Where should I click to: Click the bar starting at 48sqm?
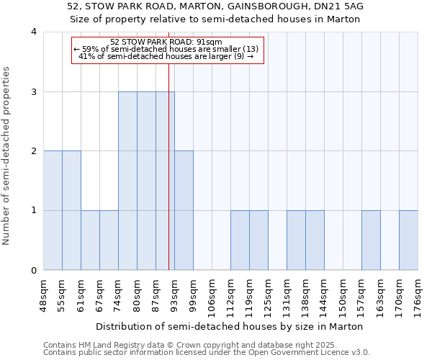click(x=53, y=210)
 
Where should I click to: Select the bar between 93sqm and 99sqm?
click(x=184, y=210)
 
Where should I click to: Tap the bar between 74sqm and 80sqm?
click(x=127, y=181)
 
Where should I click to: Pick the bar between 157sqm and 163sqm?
click(x=371, y=240)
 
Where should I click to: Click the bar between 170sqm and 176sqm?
click(x=408, y=240)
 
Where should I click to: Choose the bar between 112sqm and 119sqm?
click(x=240, y=240)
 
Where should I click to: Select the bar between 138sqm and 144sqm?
click(x=315, y=240)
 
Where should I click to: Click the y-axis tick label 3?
click(x=34, y=91)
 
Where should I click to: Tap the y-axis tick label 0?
click(x=34, y=271)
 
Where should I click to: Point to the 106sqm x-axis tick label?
click(x=212, y=294)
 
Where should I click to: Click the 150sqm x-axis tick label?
click(x=343, y=294)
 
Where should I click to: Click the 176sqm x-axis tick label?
click(x=418, y=294)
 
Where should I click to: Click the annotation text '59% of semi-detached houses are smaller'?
click(x=166, y=49)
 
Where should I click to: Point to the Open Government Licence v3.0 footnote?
click(x=207, y=353)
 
